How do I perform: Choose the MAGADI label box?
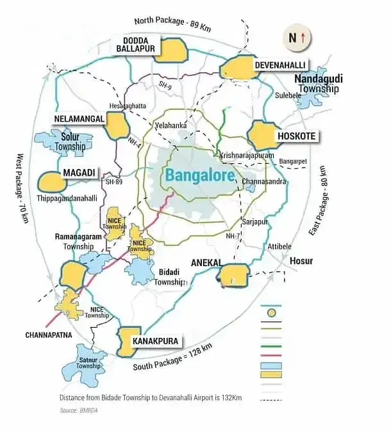click(79, 173)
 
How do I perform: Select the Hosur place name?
click(301, 261)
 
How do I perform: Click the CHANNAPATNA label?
click(47, 335)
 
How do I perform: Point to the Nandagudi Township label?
click(319, 83)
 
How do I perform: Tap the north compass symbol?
click(296, 38)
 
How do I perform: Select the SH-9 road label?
click(166, 84)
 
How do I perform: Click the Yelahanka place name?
click(171, 125)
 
